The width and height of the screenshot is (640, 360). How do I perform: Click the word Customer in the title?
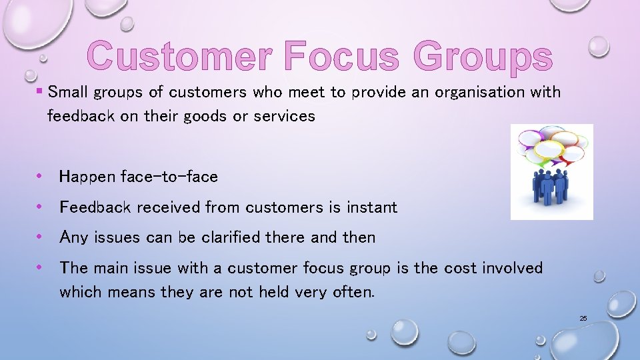pos(179,56)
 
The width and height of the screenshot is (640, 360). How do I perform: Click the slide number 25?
pos(583,319)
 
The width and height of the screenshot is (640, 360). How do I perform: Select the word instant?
pos(371,207)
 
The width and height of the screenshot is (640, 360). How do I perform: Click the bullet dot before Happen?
pos(41,177)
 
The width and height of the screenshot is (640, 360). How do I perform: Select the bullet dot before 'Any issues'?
pos(41,237)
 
